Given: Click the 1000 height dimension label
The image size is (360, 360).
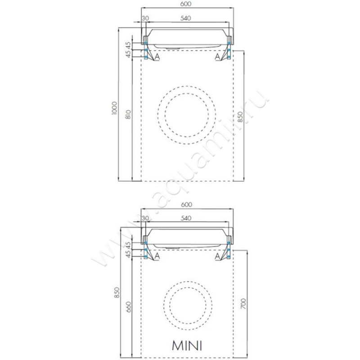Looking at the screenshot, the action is [115, 108].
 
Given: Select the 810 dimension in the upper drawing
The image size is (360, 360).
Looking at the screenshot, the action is [129, 114].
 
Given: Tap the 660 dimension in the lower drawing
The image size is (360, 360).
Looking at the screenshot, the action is [129, 307].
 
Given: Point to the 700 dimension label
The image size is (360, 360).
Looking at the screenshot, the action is [243, 303].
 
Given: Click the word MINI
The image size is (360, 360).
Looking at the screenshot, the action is [187, 345].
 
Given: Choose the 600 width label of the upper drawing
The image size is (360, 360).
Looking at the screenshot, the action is [186, 4].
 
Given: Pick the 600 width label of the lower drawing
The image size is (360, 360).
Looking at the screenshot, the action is [186, 204].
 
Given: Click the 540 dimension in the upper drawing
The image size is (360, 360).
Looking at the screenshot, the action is [185, 18].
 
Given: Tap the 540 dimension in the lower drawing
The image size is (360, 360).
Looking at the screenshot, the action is [186, 218].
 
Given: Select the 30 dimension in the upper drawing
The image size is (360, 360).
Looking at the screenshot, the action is [145, 18].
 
